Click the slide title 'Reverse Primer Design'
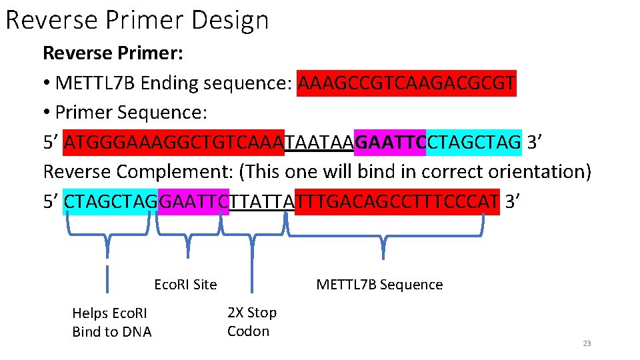(137, 20)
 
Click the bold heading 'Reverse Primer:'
(113, 52)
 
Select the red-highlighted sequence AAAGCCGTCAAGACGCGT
(407, 83)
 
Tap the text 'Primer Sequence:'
(131, 112)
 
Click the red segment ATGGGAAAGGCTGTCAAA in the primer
(174, 142)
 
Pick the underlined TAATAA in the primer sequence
(319, 142)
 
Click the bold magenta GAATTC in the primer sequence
(389, 142)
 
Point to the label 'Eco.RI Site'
(185, 285)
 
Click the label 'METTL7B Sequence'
(379, 285)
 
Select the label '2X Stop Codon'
(251, 321)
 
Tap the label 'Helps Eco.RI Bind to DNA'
(111, 322)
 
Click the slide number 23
(587, 343)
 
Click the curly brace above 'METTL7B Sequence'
(383, 237)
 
